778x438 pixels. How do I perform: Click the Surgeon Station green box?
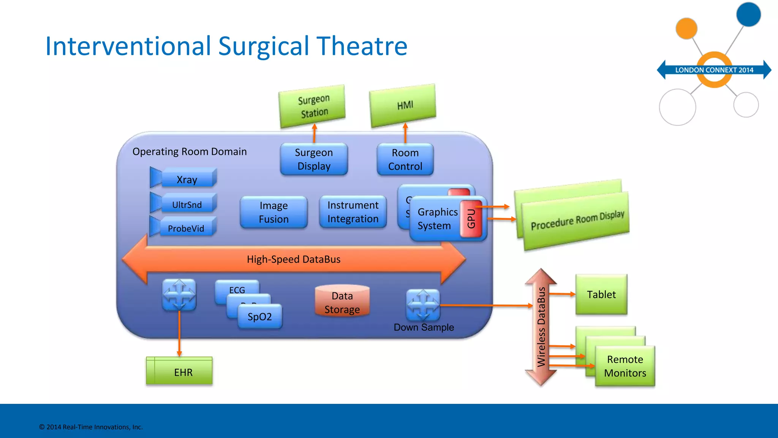[x=312, y=106]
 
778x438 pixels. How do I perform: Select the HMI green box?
[x=403, y=105]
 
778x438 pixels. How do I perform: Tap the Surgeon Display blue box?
[x=314, y=159]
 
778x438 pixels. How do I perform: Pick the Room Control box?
[x=405, y=159]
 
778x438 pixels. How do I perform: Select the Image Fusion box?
[x=274, y=212]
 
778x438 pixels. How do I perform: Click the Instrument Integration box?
[x=353, y=212]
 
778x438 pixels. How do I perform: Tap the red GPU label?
[x=471, y=219]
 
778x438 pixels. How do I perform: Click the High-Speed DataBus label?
[x=294, y=259]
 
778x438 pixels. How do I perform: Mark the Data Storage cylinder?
[x=342, y=302]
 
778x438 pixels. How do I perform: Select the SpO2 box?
[x=260, y=316]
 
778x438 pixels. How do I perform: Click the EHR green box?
[x=183, y=372]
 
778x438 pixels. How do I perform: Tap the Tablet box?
[x=601, y=294]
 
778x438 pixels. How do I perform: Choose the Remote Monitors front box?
[x=625, y=366]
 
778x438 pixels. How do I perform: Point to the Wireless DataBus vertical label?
[x=541, y=327]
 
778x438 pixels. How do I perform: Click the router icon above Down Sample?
[x=422, y=305]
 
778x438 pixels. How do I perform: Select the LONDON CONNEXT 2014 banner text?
[x=714, y=70]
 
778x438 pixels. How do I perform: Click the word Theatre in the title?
[x=362, y=46]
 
